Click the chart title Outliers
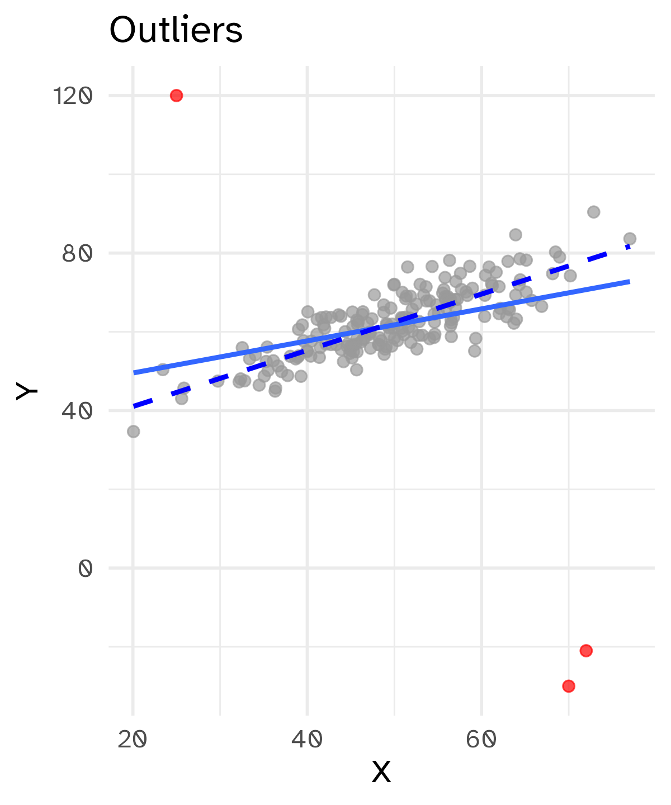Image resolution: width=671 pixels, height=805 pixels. pyautogui.click(x=176, y=30)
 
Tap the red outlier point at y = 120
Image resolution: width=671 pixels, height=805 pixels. pyautogui.click(x=176, y=96)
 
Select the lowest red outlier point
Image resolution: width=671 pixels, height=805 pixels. pyautogui.click(x=569, y=686)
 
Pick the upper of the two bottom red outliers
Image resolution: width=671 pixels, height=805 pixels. pyautogui.click(x=586, y=650)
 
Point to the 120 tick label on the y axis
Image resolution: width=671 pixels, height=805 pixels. pyautogui.click(x=72, y=96)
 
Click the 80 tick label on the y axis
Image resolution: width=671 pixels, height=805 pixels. pyautogui.click(x=77, y=254)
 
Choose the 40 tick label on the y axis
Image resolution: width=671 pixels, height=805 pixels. pyautogui.click(x=77, y=411)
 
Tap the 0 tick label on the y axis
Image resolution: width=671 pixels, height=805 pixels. pyautogui.click(x=85, y=569)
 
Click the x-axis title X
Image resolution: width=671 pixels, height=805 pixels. pyautogui.click(x=381, y=772)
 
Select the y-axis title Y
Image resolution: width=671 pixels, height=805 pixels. pyautogui.click(x=26, y=391)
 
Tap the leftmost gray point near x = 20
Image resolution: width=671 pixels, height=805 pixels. pyautogui.click(x=133, y=432)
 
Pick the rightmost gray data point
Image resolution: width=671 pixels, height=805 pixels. pyautogui.click(x=630, y=239)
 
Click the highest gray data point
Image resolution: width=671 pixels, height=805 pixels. pyautogui.click(x=594, y=212)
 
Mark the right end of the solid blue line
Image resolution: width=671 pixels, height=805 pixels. pyautogui.click(x=630, y=281)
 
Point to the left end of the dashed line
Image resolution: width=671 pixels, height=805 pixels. pyautogui.click(x=134, y=406)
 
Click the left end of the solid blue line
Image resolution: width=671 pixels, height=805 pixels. pyautogui.click(x=134, y=372)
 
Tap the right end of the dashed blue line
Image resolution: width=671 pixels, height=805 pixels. pyautogui.click(x=630, y=245)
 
